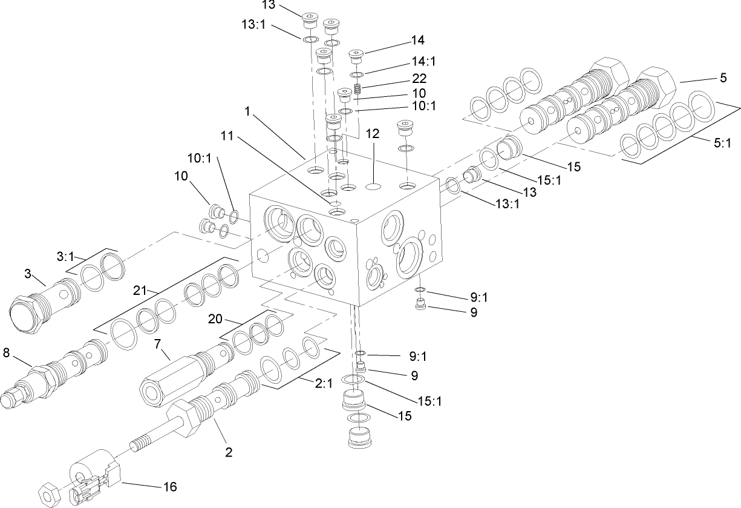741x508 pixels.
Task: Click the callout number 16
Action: (169, 486)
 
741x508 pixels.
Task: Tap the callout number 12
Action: (373, 134)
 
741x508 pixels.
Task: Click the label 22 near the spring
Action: (419, 78)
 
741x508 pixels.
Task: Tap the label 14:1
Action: (424, 61)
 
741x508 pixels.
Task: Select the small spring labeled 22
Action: (359, 90)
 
